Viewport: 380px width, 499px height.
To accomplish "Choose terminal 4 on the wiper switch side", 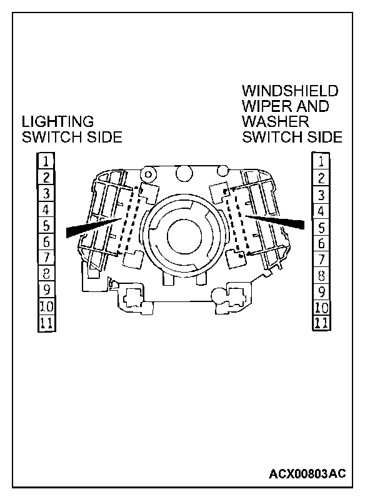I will pyautogui.click(x=321, y=211).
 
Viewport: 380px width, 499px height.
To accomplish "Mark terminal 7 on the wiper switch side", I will pyautogui.click(x=321, y=259).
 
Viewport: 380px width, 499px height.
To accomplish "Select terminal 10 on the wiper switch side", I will pyautogui.click(x=321, y=307).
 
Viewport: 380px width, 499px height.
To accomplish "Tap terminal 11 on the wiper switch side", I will pyautogui.click(x=321, y=323).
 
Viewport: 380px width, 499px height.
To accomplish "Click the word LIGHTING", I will pyautogui.click(x=57, y=121).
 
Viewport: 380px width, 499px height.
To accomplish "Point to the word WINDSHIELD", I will pyautogui.click(x=289, y=91).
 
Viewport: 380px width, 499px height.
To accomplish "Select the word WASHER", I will pyautogui.click(x=276, y=121).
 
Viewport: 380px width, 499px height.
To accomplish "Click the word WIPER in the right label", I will pyautogui.click(x=262, y=106).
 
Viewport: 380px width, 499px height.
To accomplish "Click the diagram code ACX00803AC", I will pyautogui.click(x=307, y=473).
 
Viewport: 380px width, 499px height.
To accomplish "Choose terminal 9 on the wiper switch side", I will pyautogui.click(x=321, y=291).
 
